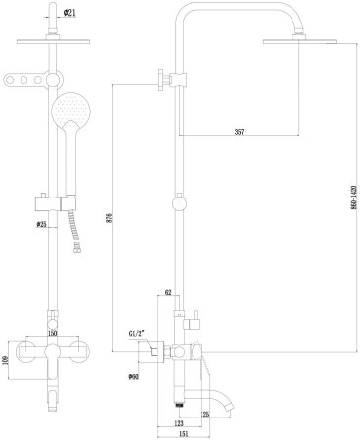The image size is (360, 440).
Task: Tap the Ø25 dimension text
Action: click(42, 224)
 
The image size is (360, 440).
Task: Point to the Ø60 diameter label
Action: click(133, 374)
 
